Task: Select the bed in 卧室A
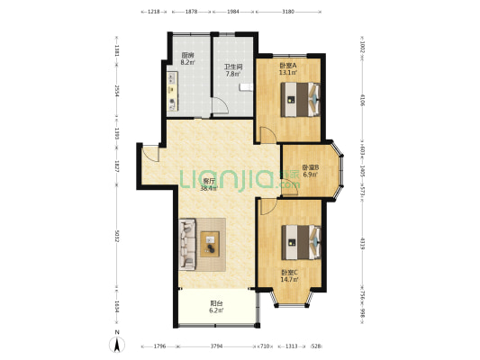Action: pyautogui.click(x=300, y=97)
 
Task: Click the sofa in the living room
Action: pyautogui.click(x=186, y=243)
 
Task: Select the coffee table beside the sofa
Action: pyautogui.click(x=210, y=241)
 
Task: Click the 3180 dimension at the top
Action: pyautogui.click(x=287, y=13)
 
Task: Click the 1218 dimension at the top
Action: pyautogui.click(x=154, y=13)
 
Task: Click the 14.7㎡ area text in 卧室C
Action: pyautogui.click(x=289, y=280)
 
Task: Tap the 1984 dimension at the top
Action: pyautogui.click(x=233, y=13)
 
